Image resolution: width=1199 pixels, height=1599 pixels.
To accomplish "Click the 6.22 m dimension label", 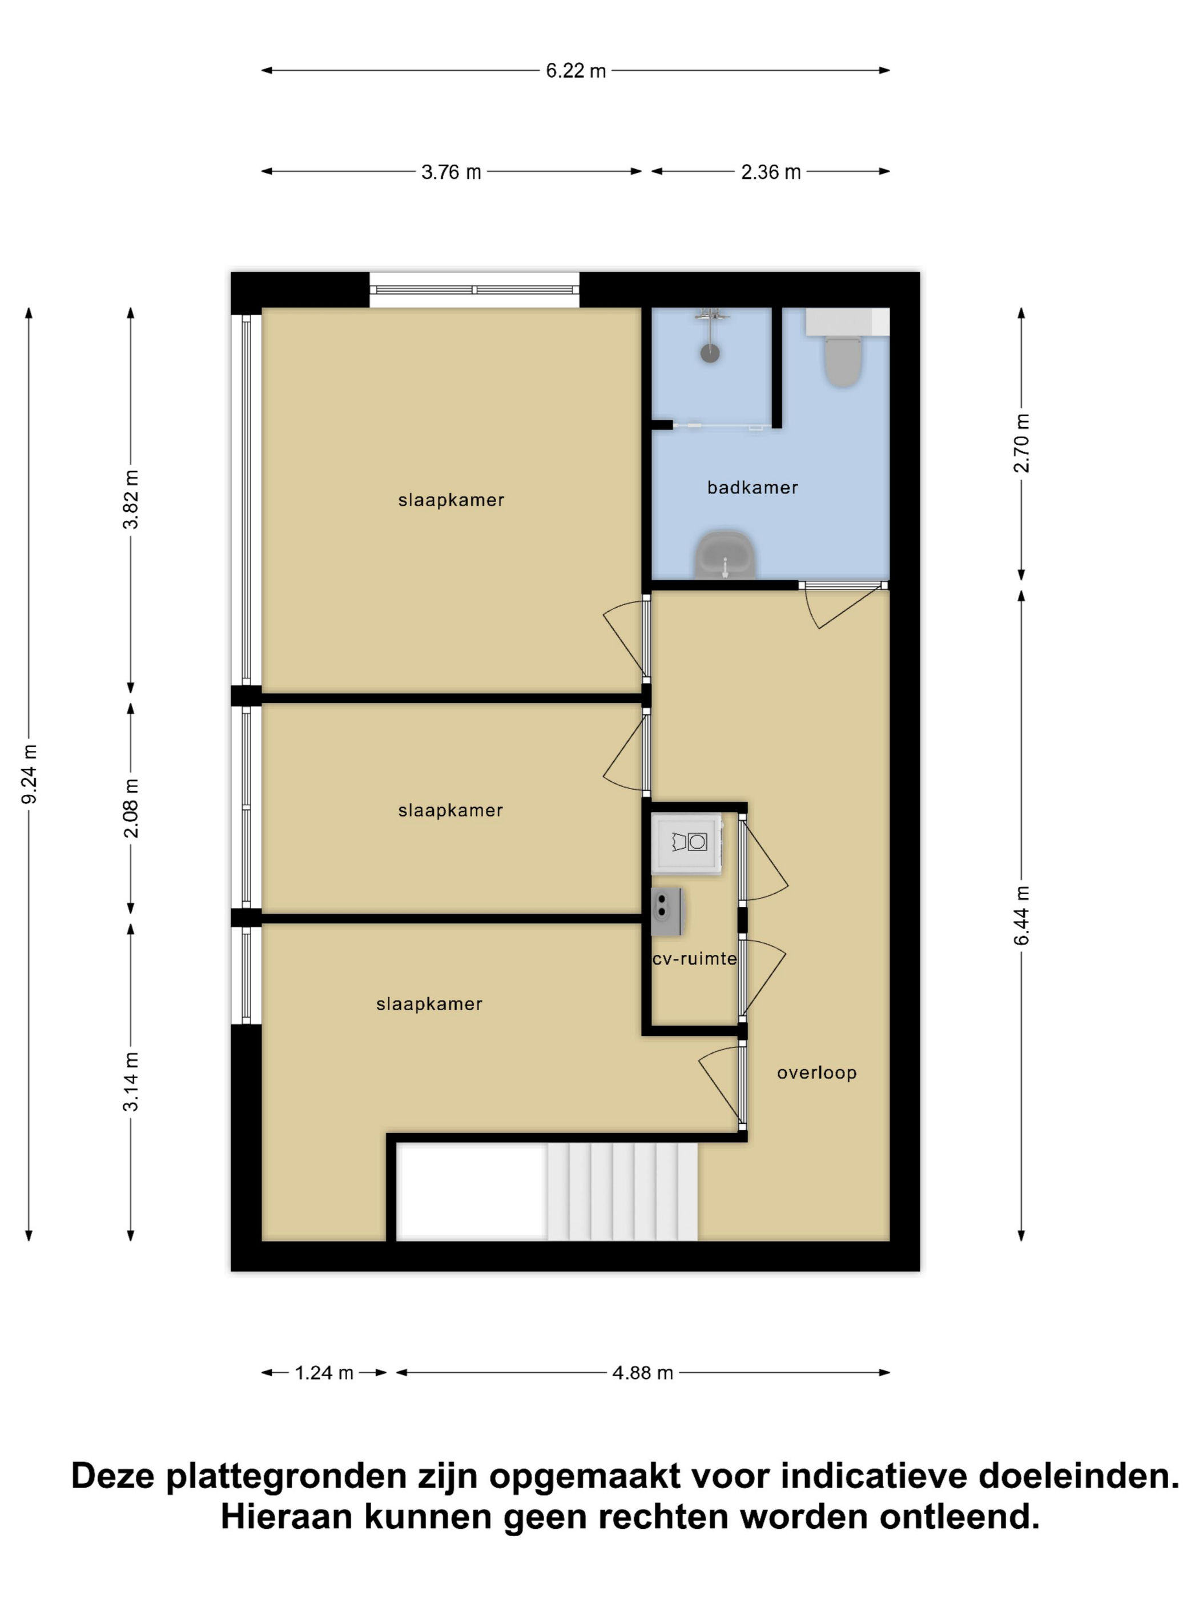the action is click(576, 71).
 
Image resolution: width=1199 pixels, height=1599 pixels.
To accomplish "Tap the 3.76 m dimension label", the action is click(451, 172).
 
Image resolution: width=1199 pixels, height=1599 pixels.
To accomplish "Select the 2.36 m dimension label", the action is click(770, 172).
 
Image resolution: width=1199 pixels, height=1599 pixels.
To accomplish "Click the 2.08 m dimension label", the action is click(131, 808).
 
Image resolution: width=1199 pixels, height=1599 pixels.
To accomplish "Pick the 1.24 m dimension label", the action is click(324, 1373).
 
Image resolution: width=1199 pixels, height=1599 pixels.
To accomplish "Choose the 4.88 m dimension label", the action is click(642, 1373).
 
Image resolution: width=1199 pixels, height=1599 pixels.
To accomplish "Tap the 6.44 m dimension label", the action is click(1021, 915).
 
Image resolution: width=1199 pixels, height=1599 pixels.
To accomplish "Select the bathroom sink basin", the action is click(726, 555).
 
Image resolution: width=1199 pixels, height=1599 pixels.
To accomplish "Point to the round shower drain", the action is click(710, 353).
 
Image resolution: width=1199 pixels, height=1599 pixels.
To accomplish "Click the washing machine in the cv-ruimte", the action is click(687, 843).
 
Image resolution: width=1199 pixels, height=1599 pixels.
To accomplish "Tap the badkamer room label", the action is click(753, 488).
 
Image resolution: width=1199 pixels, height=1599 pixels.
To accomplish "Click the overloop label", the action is click(816, 1072).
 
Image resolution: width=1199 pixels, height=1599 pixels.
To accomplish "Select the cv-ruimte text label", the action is click(694, 958).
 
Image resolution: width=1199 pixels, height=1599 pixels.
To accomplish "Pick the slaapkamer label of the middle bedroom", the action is click(450, 810).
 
